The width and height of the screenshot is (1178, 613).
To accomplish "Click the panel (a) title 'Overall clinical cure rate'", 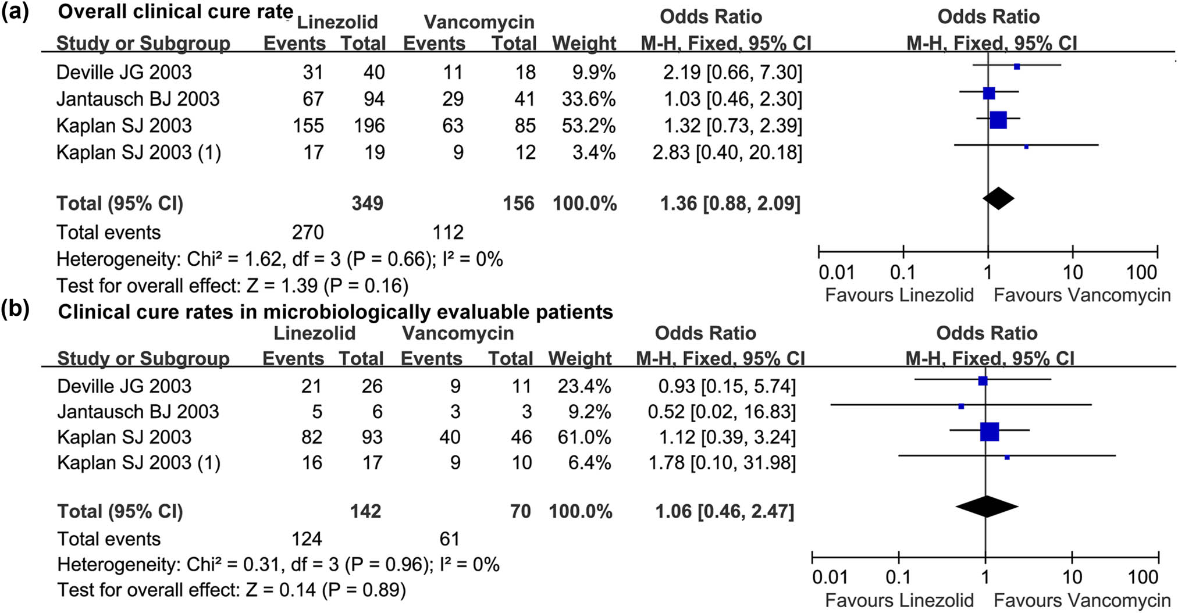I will [175, 12].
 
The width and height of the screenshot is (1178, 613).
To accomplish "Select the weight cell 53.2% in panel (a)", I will [588, 126].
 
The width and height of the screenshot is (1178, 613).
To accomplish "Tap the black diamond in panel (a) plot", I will [998, 198].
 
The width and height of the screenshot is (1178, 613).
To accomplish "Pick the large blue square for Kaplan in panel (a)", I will [998, 120].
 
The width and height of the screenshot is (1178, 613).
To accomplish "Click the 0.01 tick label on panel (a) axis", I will [837, 272].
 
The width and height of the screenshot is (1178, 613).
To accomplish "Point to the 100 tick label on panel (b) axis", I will [1143, 578].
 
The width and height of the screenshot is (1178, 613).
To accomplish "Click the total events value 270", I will [308, 232].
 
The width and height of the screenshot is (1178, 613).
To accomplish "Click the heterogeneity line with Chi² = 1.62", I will [279, 259].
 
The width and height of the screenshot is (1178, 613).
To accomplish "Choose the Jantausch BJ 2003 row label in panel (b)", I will [138, 412].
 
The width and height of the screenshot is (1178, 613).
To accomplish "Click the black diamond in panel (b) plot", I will [987, 507].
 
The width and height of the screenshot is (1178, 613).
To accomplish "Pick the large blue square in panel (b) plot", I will [990, 432].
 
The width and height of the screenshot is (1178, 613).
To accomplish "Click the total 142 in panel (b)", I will [365, 511].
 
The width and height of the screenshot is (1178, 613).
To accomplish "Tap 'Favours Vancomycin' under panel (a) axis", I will [1081, 295].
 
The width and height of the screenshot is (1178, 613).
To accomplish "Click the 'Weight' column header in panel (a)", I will [584, 44].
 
